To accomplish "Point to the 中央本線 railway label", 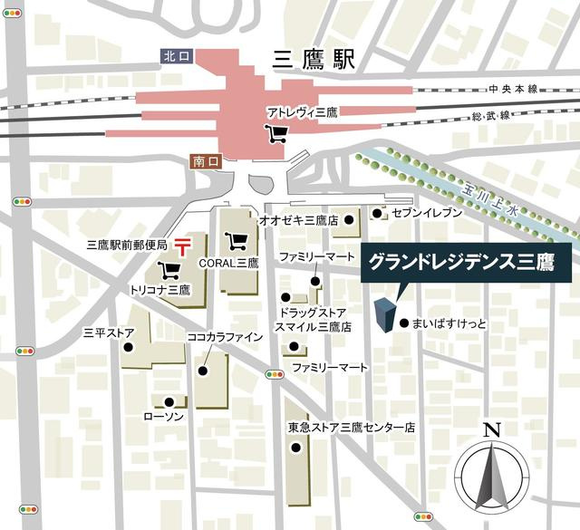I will click(513, 89).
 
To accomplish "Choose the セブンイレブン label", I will click(427, 212).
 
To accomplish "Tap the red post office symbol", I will click(183, 245).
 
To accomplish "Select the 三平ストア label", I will click(109, 332).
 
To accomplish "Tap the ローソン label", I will click(164, 416).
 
